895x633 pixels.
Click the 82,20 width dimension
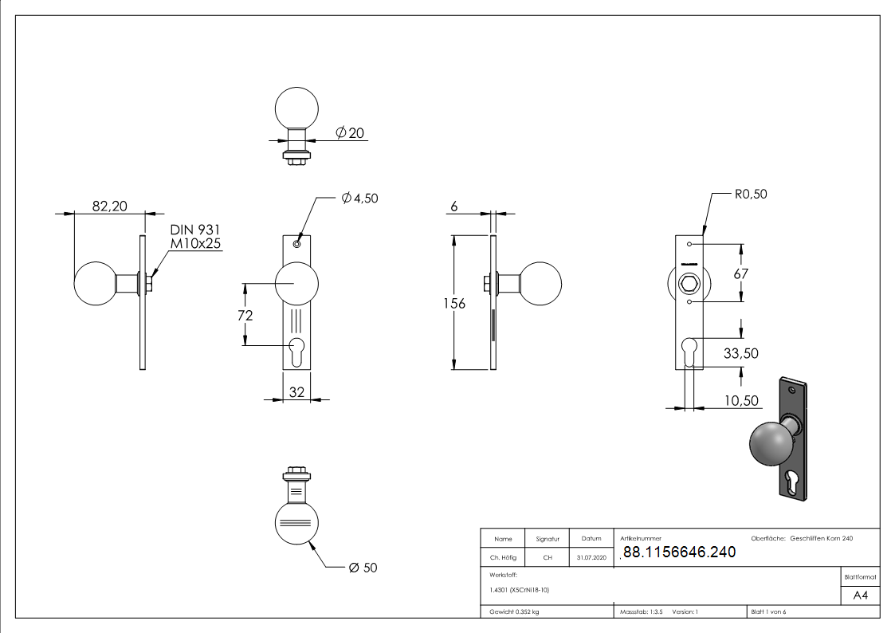[109, 206]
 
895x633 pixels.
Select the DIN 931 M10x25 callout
[194, 237]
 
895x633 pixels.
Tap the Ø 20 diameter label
[350, 133]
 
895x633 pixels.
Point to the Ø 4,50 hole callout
[359, 199]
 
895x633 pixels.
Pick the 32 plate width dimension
[296, 391]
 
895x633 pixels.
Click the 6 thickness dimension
[453, 206]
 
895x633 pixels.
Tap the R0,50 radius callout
[750, 194]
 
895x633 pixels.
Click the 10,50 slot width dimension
[740, 401]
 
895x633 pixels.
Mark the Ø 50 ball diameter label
[363, 568]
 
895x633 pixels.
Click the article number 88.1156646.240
[678, 552]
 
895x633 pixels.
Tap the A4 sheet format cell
[860, 596]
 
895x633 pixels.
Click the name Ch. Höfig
[503, 558]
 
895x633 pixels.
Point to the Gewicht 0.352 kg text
[514, 612]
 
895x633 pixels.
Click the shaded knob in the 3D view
[769, 444]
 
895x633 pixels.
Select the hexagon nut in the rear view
[689, 283]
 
